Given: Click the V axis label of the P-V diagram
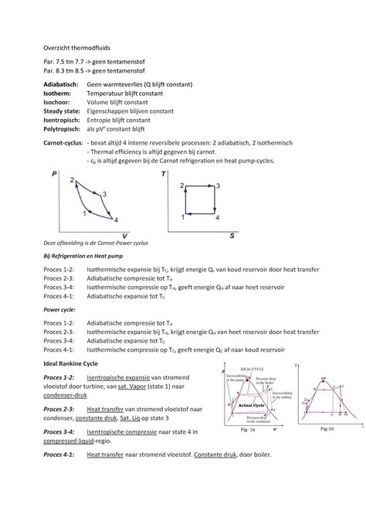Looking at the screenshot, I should click(x=124, y=235).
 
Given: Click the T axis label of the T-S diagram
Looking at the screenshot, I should click(x=164, y=175).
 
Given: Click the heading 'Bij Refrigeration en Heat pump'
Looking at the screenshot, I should click(x=83, y=254).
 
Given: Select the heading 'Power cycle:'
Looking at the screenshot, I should click(x=59, y=308).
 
